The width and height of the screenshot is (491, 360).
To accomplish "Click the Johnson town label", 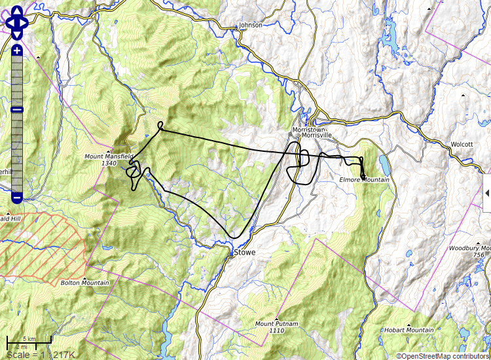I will (x=251, y=26).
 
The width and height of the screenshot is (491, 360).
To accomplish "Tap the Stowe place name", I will (x=244, y=252).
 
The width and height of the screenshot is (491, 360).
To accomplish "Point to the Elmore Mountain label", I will (x=364, y=180).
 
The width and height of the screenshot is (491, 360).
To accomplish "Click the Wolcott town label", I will (x=462, y=144).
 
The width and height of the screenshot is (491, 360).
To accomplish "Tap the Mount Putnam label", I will (x=277, y=324).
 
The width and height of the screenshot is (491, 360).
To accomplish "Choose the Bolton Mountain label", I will (x=84, y=283).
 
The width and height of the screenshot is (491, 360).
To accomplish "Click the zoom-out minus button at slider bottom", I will (x=17, y=197).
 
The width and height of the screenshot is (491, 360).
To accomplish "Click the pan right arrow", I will (x=24, y=24).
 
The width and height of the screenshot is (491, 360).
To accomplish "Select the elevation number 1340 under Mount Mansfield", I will (x=109, y=164).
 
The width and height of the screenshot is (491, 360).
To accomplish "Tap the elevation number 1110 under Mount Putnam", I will (x=277, y=331).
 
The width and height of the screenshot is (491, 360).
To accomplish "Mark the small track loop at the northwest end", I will (x=161, y=124).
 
